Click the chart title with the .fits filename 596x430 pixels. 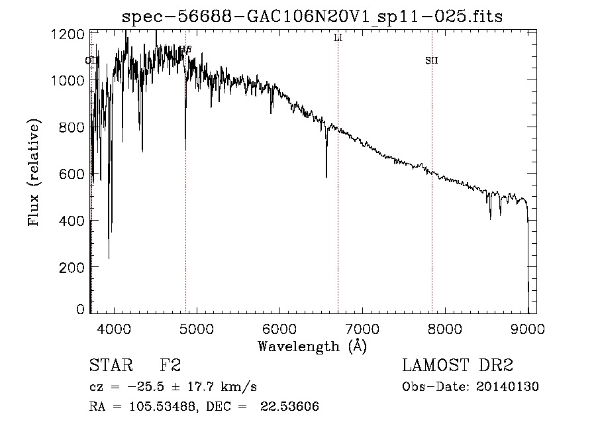[x=313, y=17]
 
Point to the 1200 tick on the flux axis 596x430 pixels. [x=72, y=33]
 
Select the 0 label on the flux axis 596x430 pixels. [x=80, y=309]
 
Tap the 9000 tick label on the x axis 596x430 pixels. [x=528, y=328]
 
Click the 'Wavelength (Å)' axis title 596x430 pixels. [x=312, y=346]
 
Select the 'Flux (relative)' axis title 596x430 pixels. [x=33, y=172]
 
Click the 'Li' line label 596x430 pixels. [x=338, y=38]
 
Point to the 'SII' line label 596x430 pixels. [x=432, y=61]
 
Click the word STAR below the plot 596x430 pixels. [x=110, y=366]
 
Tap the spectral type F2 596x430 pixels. [x=171, y=366]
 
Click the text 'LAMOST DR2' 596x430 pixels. [x=458, y=366]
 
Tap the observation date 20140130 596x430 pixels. [x=511, y=387]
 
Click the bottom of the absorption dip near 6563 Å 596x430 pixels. [x=326, y=177]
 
